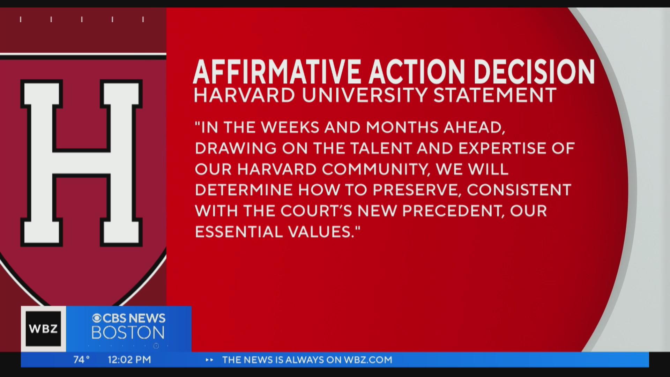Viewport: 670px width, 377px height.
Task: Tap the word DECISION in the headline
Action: pyautogui.click(x=534, y=72)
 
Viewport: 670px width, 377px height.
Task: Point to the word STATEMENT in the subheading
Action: pyautogui.click(x=494, y=95)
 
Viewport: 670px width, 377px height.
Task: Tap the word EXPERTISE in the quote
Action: pyautogui.click(x=509, y=148)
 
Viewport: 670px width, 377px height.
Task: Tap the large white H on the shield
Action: pyautogui.click(x=81, y=163)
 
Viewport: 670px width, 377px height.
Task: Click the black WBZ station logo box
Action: pyautogui.click(x=43, y=329)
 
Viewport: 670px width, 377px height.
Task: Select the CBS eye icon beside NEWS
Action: pyautogui.click(x=97, y=318)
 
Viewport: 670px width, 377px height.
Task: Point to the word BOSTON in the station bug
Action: pyautogui.click(x=128, y=333)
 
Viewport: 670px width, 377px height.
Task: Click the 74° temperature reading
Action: pyautogui.click(x=82, y=360)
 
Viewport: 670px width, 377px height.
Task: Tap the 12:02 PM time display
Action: pyautogui.click(x=129, y=360)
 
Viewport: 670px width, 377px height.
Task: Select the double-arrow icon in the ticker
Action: pyautogui.click(x=209, y=360)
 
